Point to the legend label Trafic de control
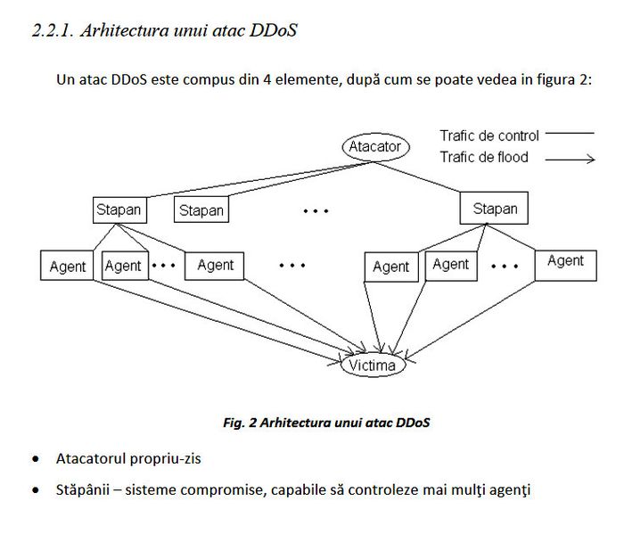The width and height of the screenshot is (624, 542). coord(489,135)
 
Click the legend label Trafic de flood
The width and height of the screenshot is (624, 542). coord(484,157)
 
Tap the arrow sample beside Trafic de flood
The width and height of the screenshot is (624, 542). coord(570,160)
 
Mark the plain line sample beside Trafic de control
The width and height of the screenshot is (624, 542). coord(570,133)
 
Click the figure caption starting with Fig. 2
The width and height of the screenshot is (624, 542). coord(326,423)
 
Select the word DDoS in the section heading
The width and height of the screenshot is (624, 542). coord(273,30)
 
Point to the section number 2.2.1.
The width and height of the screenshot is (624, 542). coord(53,30)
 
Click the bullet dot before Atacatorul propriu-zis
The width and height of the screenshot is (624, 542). coord(36,459)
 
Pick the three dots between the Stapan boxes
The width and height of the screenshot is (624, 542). coord(316,211)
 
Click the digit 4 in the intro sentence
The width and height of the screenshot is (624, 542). coord(267,79)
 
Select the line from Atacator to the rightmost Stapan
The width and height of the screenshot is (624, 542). coord(417,177)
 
